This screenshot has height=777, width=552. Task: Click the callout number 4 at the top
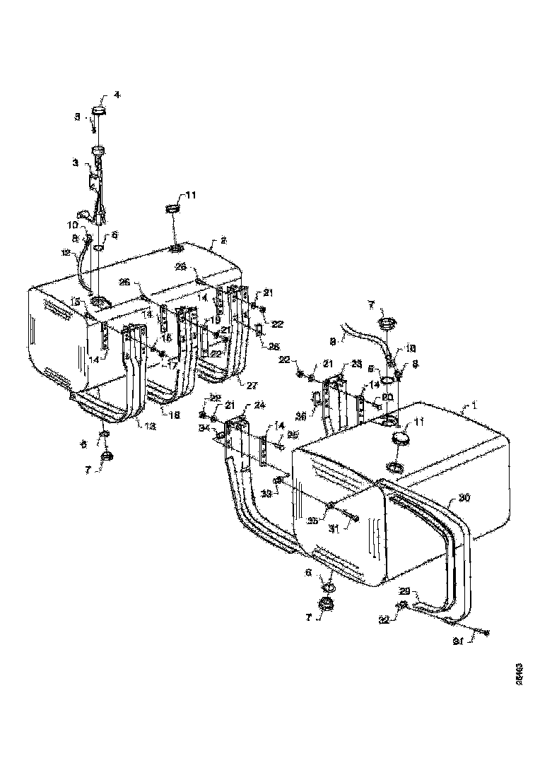tap(117, 95)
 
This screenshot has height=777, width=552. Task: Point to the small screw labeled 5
tap(93, 128)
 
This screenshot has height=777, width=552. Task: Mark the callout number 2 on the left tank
tap(223, 240)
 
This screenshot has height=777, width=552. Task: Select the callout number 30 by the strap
tap(464, 498)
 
